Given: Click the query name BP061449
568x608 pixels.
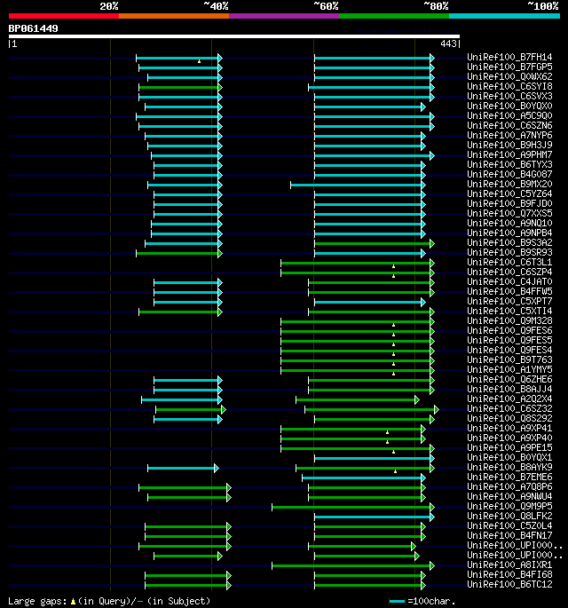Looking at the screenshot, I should (x=34, y=28).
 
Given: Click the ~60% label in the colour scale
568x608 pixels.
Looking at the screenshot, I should (x=326, y=6).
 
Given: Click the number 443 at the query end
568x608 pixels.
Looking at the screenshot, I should (x=448, y=43).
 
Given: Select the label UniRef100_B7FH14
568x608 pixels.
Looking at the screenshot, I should (x=509, y=58).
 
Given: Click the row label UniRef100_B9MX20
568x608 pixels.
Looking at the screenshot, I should (x=509, y=184).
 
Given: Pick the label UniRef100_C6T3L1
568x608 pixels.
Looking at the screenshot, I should (x=509, y=262).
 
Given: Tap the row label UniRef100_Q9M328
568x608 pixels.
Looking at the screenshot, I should (x=509, y=320).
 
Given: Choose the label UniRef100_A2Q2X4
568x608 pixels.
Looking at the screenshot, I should (x=509, y=399).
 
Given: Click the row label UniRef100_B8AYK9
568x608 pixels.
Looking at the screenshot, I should (x=509, y=467).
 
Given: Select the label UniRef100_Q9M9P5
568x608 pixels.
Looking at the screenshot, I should (x=509, y=506).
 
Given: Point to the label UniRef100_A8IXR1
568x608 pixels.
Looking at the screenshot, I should (x=509, y=565).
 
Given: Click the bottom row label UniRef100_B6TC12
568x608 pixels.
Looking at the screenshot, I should (x=509, y=584).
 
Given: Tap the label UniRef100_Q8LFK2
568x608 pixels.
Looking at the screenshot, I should (x=509, y=516).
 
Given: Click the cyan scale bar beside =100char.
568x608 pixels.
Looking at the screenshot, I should (x=397, y=601).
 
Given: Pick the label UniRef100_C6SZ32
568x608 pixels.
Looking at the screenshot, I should (x=509, y=408).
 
